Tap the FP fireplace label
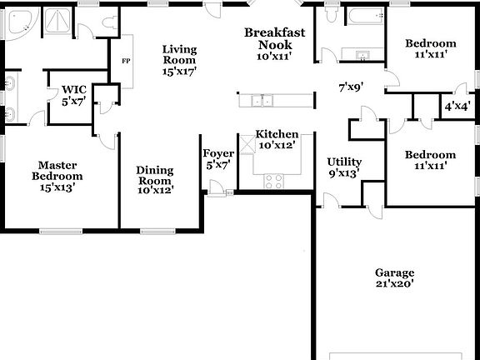point(127,62)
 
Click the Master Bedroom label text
point(57,170)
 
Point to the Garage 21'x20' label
point(394,278)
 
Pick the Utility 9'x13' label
point(344,167)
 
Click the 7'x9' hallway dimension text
point(351,87)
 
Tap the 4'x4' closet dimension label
point(456,107)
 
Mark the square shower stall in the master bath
point(58,22)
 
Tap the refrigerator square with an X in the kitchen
point(247,147)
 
